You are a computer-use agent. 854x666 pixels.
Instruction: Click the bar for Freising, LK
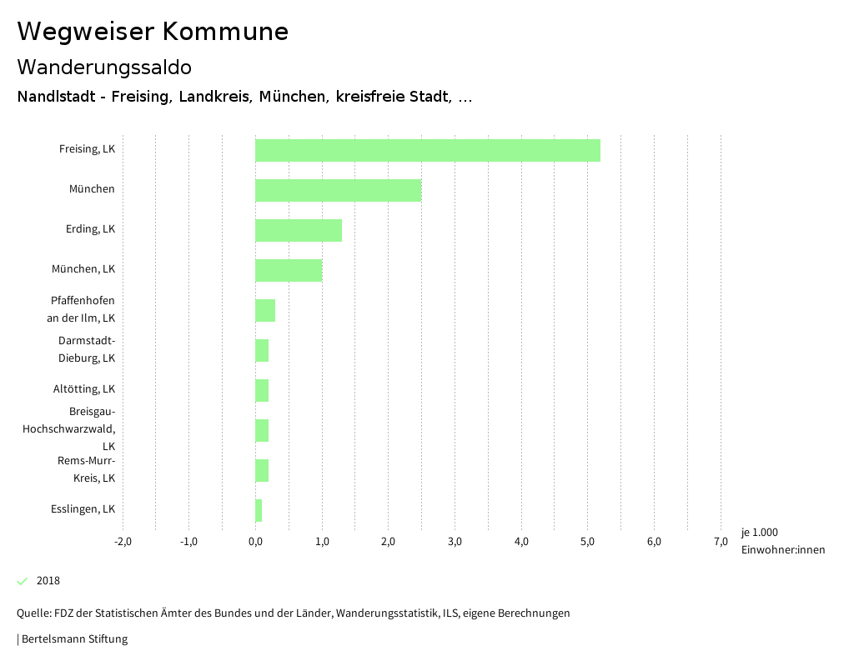(427, 150)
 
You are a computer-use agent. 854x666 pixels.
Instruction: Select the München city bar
(338, 190)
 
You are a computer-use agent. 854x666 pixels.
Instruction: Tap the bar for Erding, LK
(298, 230)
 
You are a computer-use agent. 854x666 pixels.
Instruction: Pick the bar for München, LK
(288, 270)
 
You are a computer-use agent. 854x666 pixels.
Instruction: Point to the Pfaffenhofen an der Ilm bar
(265, 310)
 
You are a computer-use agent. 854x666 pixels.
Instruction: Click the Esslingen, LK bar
(259, 510)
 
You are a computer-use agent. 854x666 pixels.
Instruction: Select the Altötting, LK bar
(262, 390)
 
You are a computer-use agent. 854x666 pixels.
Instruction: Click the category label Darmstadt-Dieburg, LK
(87, 349)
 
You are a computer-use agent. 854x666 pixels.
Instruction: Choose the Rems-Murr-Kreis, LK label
(86, 469)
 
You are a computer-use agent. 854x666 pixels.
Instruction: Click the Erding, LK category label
(90, 229)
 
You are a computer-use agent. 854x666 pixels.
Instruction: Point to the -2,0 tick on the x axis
(123, 542)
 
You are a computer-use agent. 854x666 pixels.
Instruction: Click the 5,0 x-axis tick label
(587, 542)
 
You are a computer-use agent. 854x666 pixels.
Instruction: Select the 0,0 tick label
(255, 542)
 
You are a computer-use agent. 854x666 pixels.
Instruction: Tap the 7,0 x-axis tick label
(721, 542)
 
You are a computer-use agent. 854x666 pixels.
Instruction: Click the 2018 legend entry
(48, 581)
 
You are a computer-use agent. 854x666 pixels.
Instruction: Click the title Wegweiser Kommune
(153, 32)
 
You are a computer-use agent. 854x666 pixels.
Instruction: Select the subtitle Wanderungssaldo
(104, 67)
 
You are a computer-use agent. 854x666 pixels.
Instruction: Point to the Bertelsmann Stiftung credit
(73, 639)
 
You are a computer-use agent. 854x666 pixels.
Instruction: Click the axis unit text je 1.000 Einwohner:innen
(782, 541)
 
